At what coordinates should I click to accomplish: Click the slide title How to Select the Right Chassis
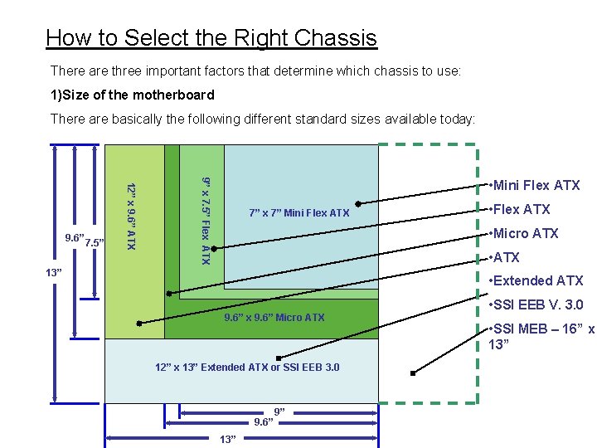pyautogui.click(x=211, y=38)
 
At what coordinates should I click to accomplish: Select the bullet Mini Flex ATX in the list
pyautogui.click(x=536, y=185)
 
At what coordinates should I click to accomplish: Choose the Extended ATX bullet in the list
pyautogui.click(x=537, y=280)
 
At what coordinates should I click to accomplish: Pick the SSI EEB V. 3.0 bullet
pyautogui.click(x=536, y=304)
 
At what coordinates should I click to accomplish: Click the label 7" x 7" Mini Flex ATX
pyautogui.click(x=299, y=214)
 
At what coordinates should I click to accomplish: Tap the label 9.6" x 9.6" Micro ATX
pyautogui.click(x=274, y=318)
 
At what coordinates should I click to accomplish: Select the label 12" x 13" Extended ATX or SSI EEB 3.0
pyautogui.click(x=247, y=368)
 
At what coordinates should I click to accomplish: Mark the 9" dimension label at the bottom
pyautogui.click(x=280, y=412)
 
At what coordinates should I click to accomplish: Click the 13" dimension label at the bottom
pyautogui.click(x=228, y=439)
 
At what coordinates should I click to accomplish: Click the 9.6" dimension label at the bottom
pyautogui.click(x=265, y=421)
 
